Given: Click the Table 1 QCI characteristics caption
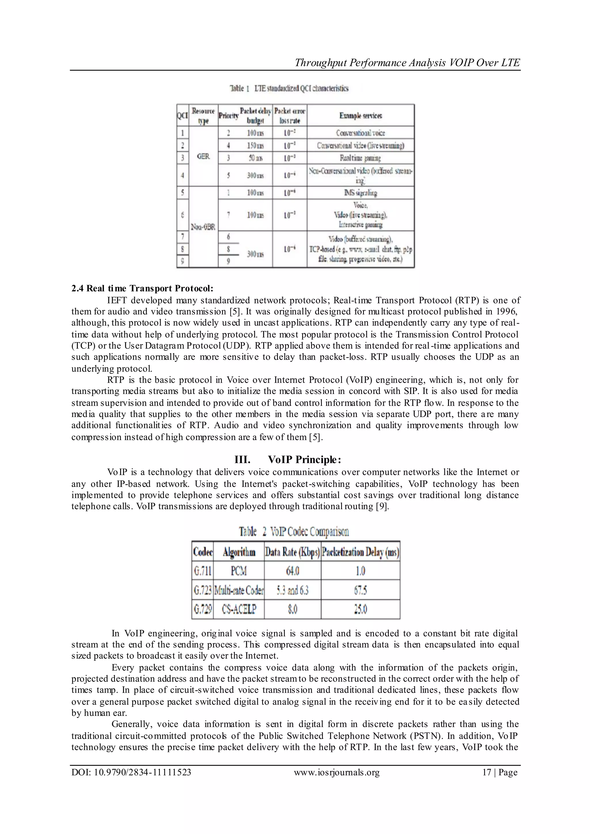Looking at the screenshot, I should coord(289,88).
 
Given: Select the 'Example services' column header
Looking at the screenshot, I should coord(360,115).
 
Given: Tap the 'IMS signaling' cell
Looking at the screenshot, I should coord(360,193).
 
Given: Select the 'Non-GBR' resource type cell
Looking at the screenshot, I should coord(203,227).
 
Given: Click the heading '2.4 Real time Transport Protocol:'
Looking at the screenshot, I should coord(142,288).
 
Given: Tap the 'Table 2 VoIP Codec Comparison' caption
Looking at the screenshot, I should coord(294,532).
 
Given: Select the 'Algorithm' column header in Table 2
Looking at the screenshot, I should coord(239,552).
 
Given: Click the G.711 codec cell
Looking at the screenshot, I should coord(202,571).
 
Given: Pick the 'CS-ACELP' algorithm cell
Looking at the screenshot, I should coord(239,609).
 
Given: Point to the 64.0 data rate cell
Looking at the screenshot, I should coord(292,571).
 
